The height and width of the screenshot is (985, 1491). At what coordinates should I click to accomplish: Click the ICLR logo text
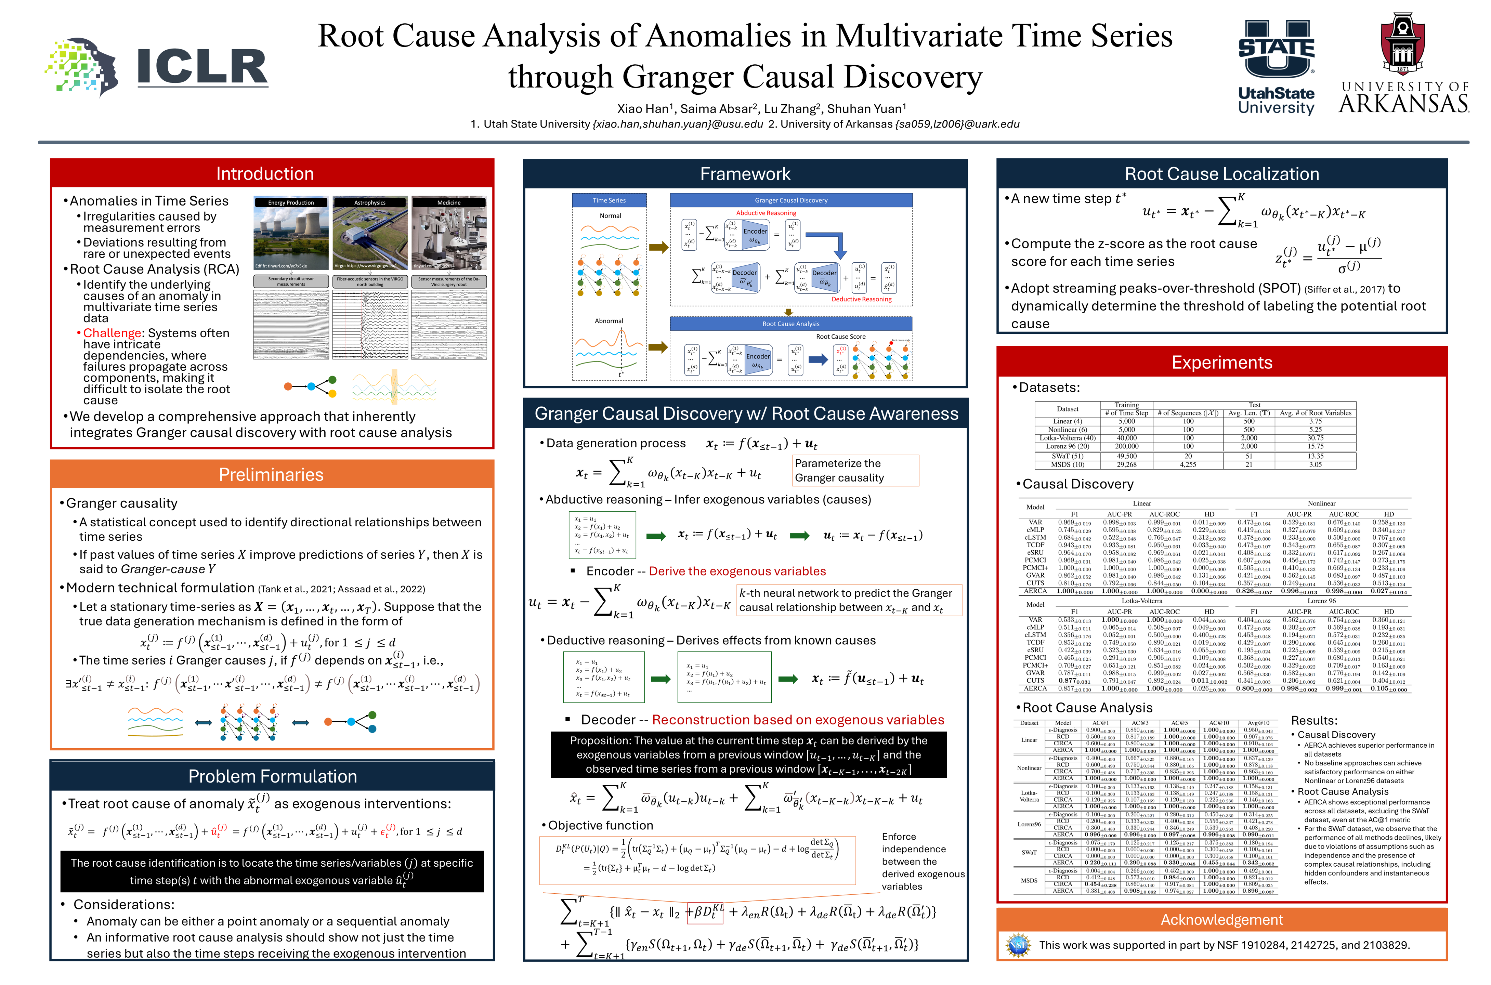202,67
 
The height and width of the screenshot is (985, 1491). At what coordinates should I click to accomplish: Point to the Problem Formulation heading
272,776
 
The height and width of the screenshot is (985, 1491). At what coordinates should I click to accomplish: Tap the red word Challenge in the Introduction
112,333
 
